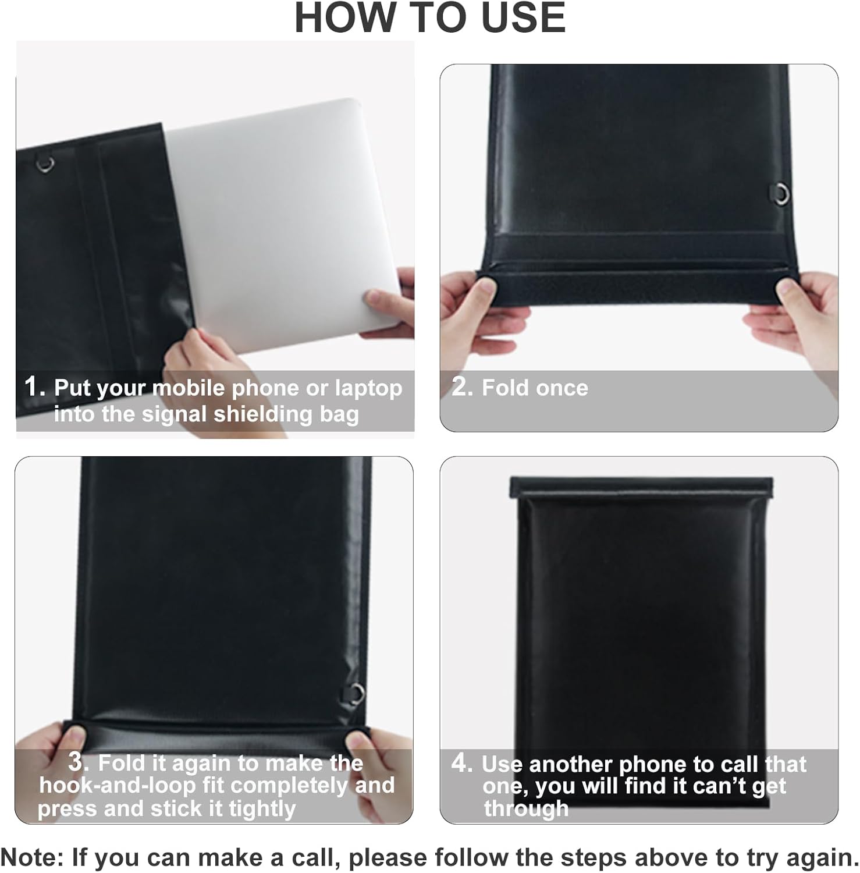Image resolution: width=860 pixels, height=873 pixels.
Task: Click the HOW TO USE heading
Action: [x=430, y=17]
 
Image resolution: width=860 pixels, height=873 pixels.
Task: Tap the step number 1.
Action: [x=34, y=386]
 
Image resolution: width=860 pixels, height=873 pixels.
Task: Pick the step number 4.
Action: [x=462, y=763]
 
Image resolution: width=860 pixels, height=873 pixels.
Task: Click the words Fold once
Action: [x=535, y=388]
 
